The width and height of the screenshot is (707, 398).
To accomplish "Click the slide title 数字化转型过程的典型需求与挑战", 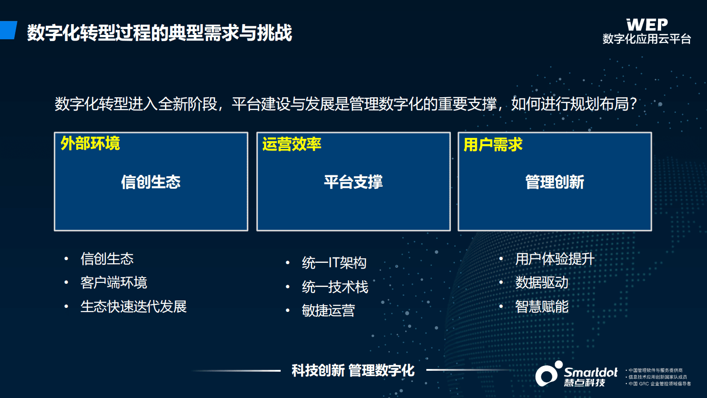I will [x=159, y=33].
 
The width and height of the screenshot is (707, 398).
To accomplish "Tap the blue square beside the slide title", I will [x=8, y=30].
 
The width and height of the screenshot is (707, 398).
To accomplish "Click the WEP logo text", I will [x=647, y=25].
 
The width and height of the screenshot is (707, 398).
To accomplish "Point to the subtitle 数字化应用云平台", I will [x=647, y=39].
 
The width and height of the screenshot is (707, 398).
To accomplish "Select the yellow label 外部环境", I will [x=90, y=144].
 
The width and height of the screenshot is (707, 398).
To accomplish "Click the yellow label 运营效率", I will [x=292, y=144].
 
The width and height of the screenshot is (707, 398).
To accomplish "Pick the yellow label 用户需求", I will [x=493, y=145].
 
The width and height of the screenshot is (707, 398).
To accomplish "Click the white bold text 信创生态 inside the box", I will [x=151, y=182].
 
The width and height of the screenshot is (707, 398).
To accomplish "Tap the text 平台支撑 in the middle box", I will [x=353, y=182].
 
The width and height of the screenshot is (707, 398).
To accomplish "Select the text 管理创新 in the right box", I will [x=555, y=182].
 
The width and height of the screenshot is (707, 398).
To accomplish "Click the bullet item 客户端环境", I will [x=114, y=282].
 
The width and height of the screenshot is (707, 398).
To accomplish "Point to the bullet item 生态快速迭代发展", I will [x=133, y=307].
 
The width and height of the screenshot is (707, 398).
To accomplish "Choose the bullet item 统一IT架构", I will [x=334, y=263].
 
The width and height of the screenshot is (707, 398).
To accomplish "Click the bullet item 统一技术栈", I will [x=335, y=287].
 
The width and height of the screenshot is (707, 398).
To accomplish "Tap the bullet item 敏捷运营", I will [x=328, y=311].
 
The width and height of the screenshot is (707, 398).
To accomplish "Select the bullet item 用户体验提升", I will [x=555, y=259].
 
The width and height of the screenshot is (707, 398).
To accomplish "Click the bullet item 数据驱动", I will [x=542, y=282].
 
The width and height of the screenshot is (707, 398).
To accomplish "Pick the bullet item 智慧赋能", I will [x=542, y=307].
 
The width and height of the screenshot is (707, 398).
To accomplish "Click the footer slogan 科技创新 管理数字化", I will [x=353, y=370].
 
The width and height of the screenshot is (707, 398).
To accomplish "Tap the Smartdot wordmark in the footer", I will [x=591, y=372].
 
